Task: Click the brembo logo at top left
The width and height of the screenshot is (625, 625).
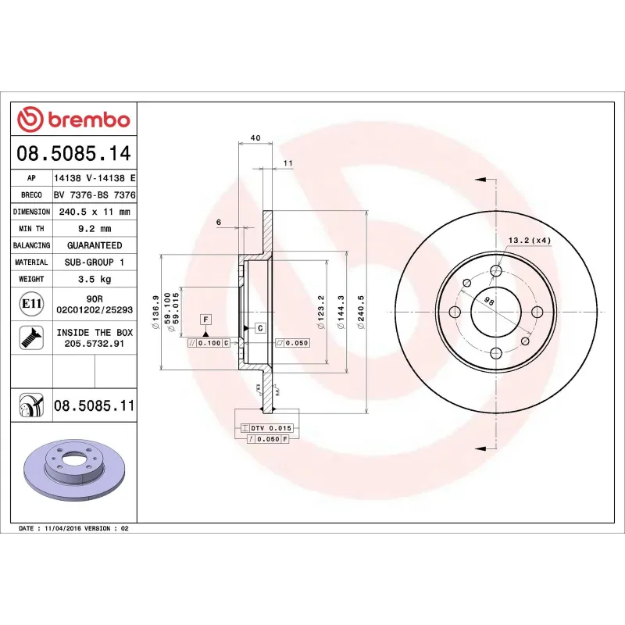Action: (x=73, y=120)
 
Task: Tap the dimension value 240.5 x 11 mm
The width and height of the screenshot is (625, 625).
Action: (x=95, y=212)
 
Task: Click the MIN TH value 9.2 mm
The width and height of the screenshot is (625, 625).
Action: (x=95, y=229)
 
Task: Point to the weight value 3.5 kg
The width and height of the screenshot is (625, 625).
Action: (x=95, y=279)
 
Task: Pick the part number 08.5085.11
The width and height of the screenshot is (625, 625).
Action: (x=95, y=405)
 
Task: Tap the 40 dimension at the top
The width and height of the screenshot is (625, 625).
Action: (x=255, y=137)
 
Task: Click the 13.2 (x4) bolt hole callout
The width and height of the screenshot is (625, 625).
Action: (x=530, y=240)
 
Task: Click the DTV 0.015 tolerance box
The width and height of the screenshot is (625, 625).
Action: (x=266, y=428)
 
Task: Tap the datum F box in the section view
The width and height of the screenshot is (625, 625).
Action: (x=205, y=319)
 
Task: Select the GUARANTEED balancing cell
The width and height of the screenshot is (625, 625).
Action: (x=95, y=245)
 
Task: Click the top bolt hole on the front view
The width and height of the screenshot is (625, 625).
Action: (x=496, y=270)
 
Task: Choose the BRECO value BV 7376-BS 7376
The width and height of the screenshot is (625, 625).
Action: (x=95, y=195)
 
